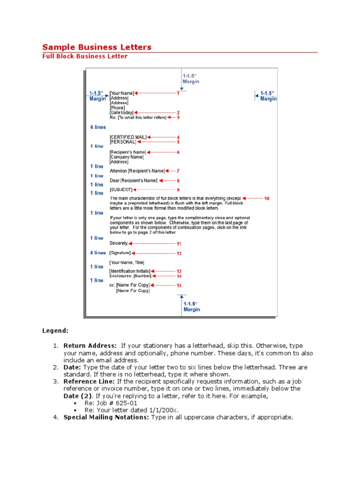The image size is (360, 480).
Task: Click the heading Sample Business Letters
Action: [97, 47]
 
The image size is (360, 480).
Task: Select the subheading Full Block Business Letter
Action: [85, 56]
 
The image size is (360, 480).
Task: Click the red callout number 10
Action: [267, 199]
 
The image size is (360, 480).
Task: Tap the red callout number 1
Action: [178, 93]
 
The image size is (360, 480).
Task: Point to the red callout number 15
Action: [179, 285]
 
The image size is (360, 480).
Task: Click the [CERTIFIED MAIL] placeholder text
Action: [128, 137]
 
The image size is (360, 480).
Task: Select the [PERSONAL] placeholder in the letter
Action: [123, 142]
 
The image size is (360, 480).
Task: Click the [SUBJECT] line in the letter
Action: [121, 190]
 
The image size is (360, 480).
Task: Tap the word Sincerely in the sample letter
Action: [119, 243]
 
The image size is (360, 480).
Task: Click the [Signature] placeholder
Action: [120, 253]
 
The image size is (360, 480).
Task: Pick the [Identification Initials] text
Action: [130, 271]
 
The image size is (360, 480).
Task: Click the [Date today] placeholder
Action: [121, 112]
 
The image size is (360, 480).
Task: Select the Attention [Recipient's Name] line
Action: [137, 171]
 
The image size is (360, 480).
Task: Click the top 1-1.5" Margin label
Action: [191, 78]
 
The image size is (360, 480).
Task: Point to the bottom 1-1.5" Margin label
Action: [191, 307]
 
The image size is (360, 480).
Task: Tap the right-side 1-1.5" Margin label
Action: [268, 96]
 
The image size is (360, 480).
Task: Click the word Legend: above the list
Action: [55, 331]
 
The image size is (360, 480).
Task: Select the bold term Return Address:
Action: [90, 346]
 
